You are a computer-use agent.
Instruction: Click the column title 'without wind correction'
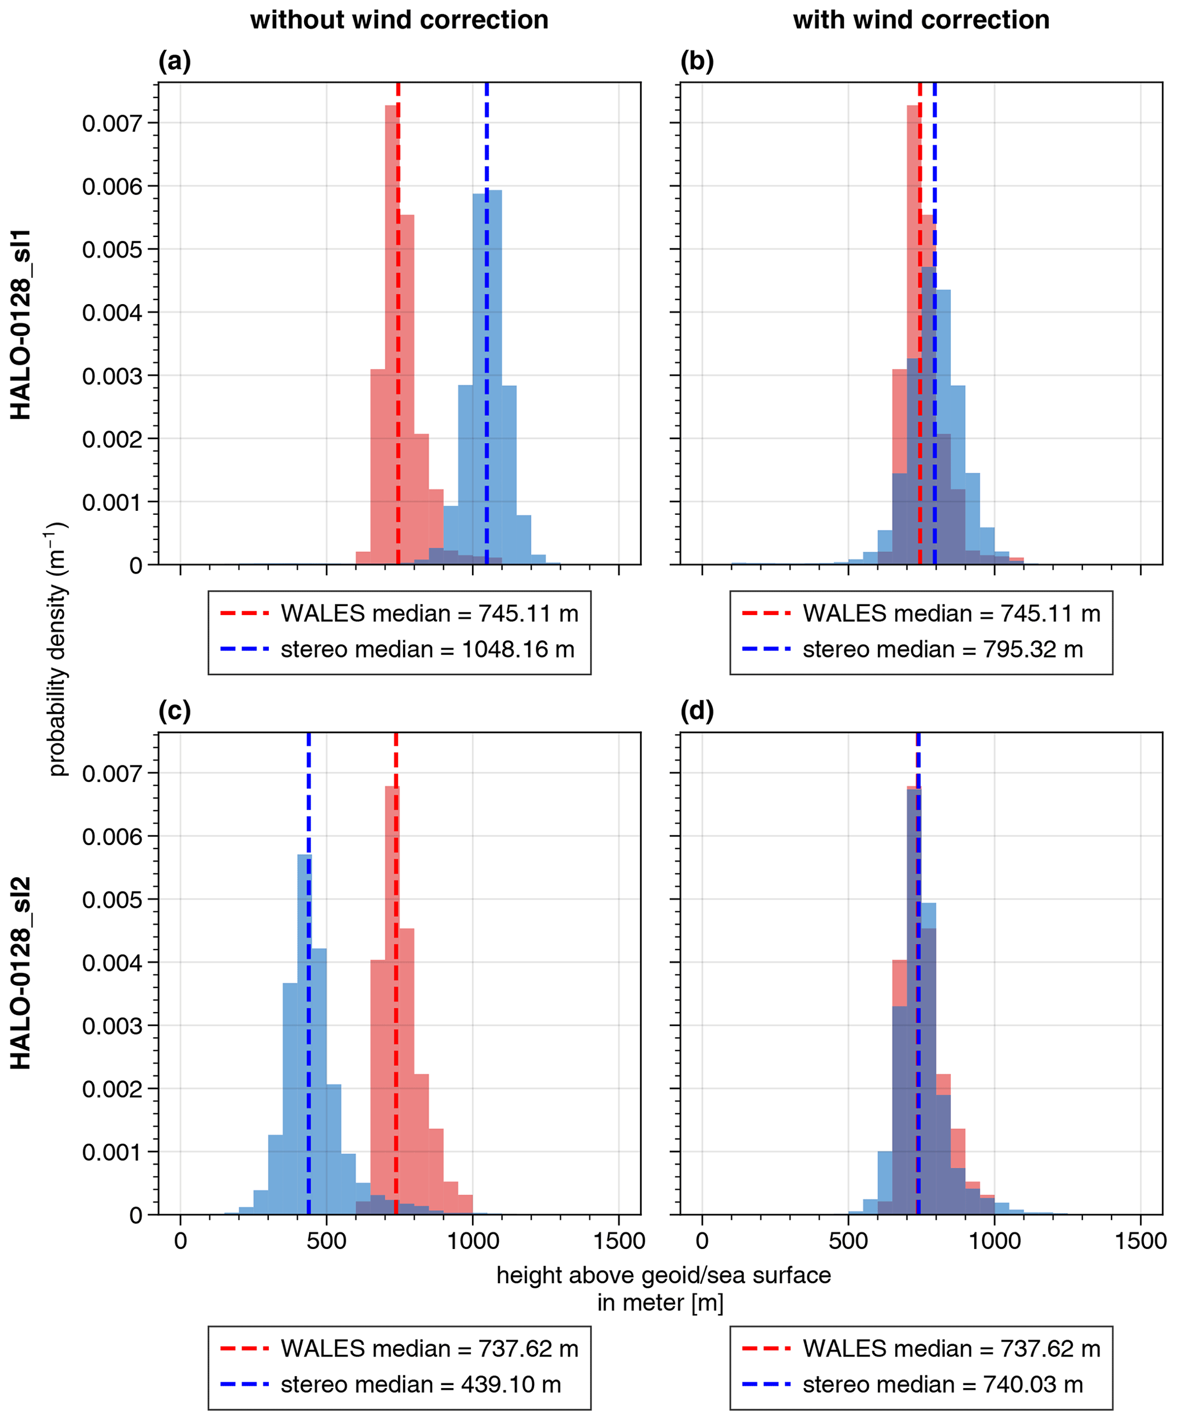pyautogui.click(x=399, y=21)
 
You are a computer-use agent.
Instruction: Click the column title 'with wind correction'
pyautogui.click(x=921, y=21)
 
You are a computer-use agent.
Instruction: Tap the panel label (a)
pyautogui.click(x=174, y=62)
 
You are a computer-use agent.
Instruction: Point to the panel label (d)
pyautogui.click(x=697, y=711)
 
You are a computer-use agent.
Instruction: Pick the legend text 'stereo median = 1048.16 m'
pyautogui.click(x=428, y=650)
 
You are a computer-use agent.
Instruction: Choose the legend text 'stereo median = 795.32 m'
pyautogui.click(x=943, y=650)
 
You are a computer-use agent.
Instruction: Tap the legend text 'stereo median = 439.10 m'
pyautogui.click(x=421, y=1385)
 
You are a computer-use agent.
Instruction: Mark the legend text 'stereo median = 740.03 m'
pyautogui.click(x=943, y=1385)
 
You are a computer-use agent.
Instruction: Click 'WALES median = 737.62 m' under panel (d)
pyautogui.click(x=952, y=1349)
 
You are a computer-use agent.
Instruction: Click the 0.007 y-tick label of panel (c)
pyautogui.click(x=112, y=773)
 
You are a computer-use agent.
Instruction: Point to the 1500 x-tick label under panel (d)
pyautogui.click(x=1141, y=1241)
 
